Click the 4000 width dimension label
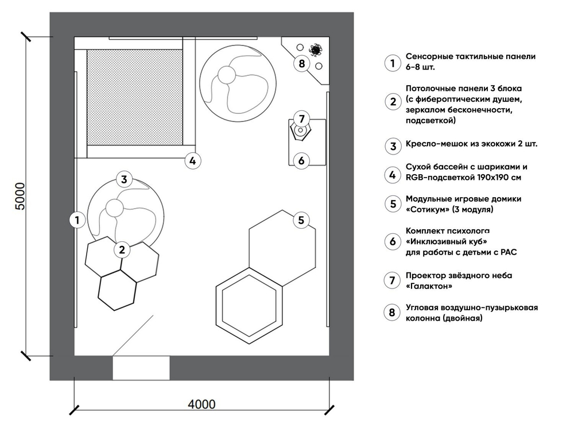(x=201, y=404)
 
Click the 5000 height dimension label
(x=18, y=197)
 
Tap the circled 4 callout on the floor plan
(x=193, y=161)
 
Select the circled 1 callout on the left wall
(x=76, y=219)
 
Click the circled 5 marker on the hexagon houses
(x=301, y=220)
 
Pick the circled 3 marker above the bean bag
(x=124, y=179)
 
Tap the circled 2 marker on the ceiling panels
(x=122, y=249)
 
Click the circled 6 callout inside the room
(x=301, y=160)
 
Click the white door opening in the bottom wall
(x=141, y=368)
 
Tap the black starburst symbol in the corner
(x=315, y=49)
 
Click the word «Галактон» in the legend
(x=427, y=286)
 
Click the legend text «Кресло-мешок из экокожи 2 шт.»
(x=471, y=145)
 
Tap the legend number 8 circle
(x=393, y=312)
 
